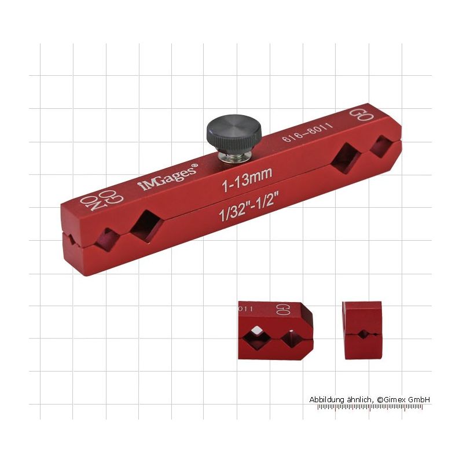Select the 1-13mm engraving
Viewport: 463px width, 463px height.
coord(247,179)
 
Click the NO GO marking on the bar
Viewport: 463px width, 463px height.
coord(102,200)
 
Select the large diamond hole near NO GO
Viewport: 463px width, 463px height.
coord(146,226)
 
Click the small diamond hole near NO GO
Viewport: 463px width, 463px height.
coord(107,240)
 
